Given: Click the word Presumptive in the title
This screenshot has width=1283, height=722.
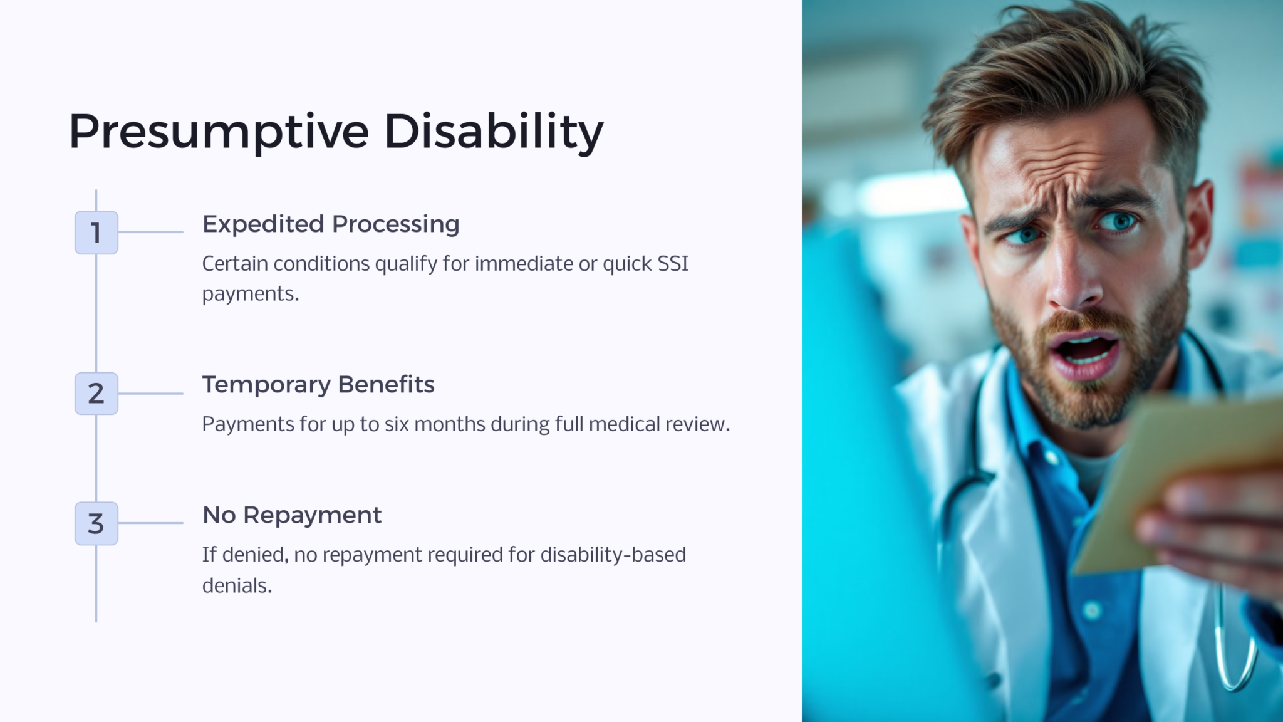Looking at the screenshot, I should [219, 132].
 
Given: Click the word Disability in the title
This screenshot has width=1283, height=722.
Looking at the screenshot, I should [493, 132].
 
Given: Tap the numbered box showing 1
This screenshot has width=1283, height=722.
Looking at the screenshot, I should [96, 233].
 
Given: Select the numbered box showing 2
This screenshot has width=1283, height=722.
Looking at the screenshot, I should [96, 394].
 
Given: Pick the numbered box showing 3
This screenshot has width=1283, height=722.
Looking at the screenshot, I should [96, 523].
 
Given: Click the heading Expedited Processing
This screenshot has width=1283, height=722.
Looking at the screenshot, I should [331, 224].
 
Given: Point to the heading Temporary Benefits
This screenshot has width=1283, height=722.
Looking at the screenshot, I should [318, 385].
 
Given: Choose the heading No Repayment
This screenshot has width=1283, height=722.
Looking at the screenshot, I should [292, 515].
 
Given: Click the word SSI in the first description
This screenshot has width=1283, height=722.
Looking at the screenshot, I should [673, 264].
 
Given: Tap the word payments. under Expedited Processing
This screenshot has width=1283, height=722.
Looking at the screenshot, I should [251, 294].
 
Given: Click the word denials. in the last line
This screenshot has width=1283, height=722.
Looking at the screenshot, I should [237, 585].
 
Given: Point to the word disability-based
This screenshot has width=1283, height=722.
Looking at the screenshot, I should [613, 555].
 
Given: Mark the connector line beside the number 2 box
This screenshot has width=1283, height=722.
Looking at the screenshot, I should [150, 394].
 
